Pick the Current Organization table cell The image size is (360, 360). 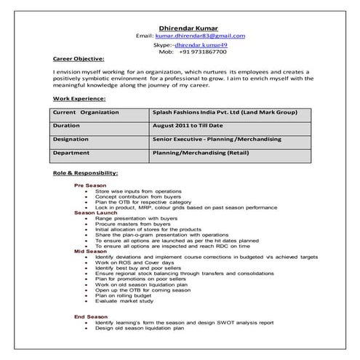[81, 113]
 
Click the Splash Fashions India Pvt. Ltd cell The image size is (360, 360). [216, 113]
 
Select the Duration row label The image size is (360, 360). [67, 125]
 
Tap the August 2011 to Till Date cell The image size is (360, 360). [188, 125]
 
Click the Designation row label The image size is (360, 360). [71, 138]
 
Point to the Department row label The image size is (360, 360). [71, 153]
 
